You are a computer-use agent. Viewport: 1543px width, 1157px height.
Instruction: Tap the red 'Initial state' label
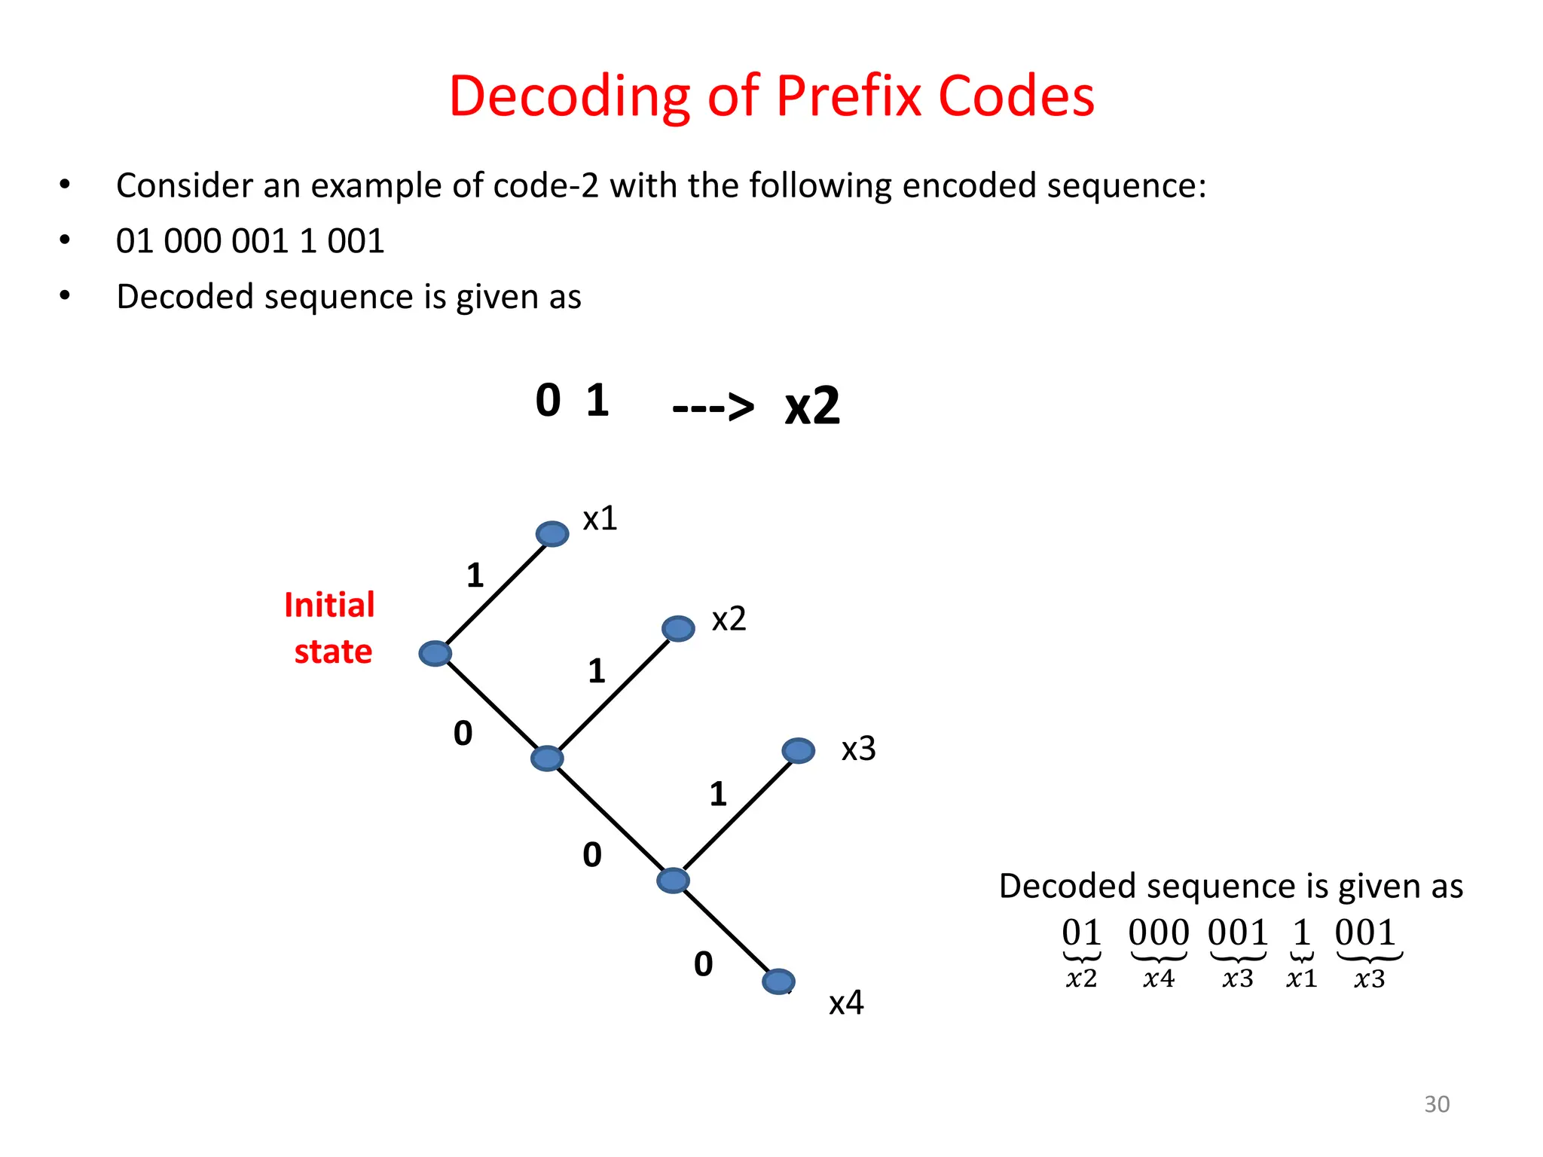coord(330,628)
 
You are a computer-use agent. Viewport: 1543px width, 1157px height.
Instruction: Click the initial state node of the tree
coord(435,653)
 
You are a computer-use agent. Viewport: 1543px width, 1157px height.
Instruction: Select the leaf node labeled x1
coord(552,534)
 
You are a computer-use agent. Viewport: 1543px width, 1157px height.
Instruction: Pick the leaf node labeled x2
coord(678,628)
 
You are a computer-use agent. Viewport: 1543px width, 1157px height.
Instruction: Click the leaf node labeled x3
coord(799,750)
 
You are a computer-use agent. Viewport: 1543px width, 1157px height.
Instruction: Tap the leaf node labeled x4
coord(778,981)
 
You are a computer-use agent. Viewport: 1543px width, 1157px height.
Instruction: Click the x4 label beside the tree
coord(845,1003)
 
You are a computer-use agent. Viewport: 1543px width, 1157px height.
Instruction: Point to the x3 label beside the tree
coord(858,749)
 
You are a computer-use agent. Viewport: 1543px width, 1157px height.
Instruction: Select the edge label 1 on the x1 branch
coord(475,576)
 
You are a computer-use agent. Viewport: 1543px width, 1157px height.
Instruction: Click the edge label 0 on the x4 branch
coord(703,964)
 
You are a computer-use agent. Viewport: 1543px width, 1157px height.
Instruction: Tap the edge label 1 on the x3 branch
coord(718,794)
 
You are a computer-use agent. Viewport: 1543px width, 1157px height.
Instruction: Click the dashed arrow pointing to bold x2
coord(712,408)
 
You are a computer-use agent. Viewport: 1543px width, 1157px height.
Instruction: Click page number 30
coord(1436,1104)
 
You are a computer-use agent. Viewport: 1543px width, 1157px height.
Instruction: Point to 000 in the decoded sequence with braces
coord(1158,933)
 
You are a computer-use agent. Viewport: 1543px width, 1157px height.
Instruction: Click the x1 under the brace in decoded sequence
coord(1301,979)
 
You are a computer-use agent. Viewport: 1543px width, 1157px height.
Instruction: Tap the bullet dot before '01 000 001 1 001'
coord(65,241)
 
